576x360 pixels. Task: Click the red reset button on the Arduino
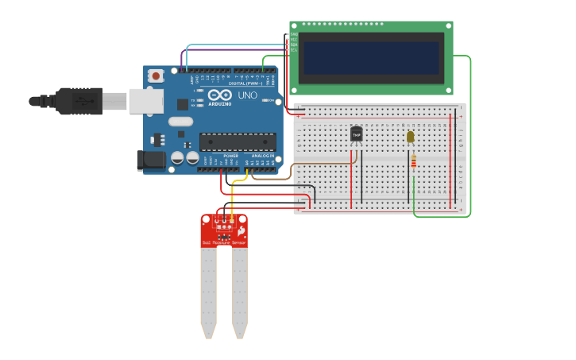[x=156, y=76]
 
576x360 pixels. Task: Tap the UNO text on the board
[x=247, y=95]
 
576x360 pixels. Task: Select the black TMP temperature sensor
[x=356, y=134]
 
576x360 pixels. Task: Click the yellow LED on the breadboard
[x=410, y=137]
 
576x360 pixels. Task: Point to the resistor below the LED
[x=412, y=162]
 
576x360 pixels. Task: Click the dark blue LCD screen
[x=371, y=57]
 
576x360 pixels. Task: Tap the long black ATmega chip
[x=237, y=142]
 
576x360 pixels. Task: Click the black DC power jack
[x=151, y=161]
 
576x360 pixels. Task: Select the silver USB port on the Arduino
[x=145, y=101]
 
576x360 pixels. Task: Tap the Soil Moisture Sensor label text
[x=223, y=242]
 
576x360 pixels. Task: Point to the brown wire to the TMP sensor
[x=318, y=165]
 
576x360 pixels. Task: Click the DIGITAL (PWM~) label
[x=244, y=83]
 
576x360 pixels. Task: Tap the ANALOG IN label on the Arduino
[x=262, y=155]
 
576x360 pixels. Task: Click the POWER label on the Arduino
[x=230, y=155]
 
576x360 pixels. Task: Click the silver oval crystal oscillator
[x=180, y=122]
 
